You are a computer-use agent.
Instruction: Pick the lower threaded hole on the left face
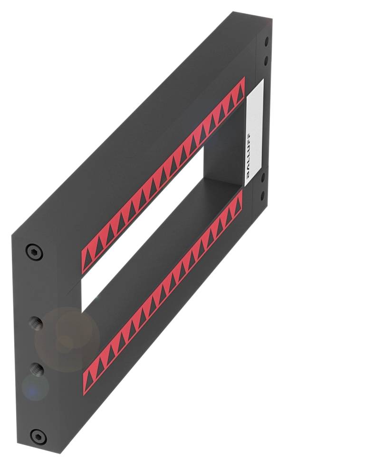(x=37, y=368)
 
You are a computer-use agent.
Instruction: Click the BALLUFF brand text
(x=251, y=155)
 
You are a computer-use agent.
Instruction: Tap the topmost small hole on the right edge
(x=266, y=42)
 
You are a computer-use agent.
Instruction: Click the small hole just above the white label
(x=266, y=60)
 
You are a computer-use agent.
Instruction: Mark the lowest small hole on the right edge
(x=262, y=195)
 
